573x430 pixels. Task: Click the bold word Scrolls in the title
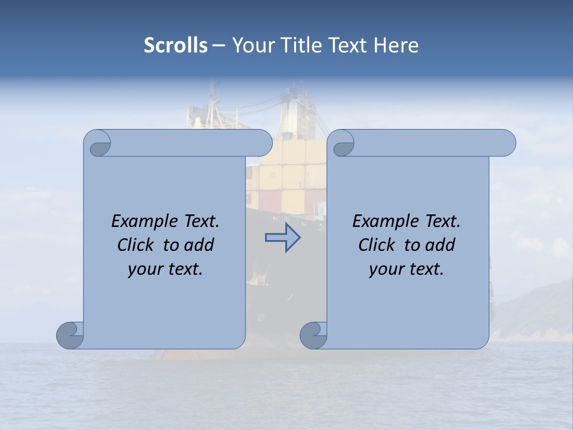click(176, 45)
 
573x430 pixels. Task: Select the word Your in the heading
click(251, 45)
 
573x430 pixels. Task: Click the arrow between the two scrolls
click(282, 237)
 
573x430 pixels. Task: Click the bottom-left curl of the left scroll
click(70, 334)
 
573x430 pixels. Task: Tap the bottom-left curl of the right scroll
click(313, 334)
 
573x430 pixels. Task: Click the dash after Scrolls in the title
click(219, 45)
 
